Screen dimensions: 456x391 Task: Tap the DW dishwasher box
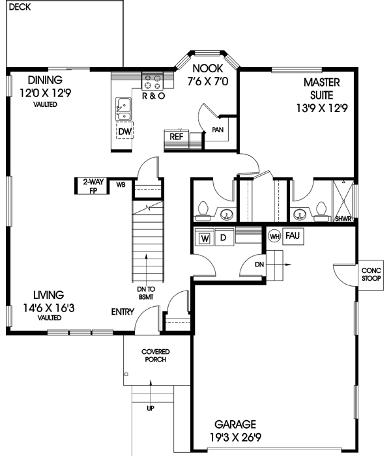[124, 131]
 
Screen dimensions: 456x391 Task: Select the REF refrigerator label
[176, 137]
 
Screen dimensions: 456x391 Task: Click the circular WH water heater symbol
[274, 236]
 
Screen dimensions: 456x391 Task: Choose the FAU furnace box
[291, 235]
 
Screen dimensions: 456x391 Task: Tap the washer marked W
[204, 238]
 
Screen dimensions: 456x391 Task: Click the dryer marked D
[222, 238]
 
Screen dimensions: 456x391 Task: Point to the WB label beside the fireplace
[121, 185]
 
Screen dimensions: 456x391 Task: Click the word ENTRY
[123, 312]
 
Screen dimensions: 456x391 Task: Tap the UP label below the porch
[151, 408]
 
